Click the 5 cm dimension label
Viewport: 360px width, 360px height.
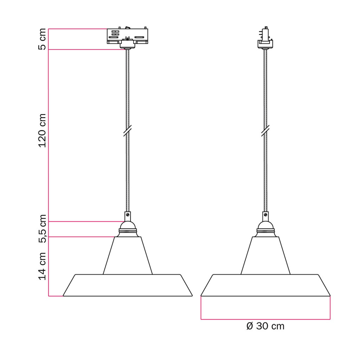coord(42,39)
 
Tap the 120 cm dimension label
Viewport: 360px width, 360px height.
coord(42,130)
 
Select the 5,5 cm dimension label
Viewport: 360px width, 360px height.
coord(43,229)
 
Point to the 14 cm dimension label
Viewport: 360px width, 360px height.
coord(42,266)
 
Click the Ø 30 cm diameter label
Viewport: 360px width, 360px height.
coord(265,326)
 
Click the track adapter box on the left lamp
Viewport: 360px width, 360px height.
coord(127,36)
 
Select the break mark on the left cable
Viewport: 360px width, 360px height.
coord(127,131)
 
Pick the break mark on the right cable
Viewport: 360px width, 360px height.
coord(265,131)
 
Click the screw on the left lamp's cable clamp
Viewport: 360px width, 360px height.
coord(128,215)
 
